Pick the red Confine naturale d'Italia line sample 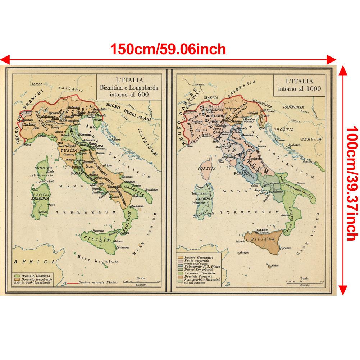[x=72, y=283]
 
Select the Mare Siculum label [x=98, y=260]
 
